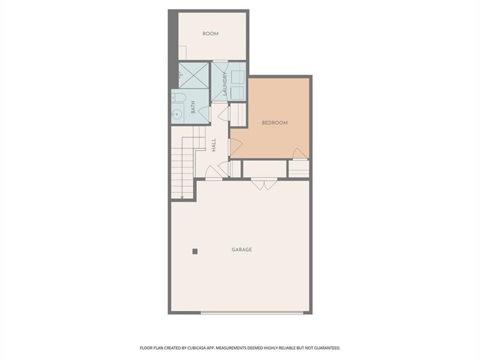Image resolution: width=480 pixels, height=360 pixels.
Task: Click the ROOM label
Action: click(210, 34)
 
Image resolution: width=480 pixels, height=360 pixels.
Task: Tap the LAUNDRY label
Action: click(224, 83)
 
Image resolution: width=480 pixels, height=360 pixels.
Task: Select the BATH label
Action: click(193, 107)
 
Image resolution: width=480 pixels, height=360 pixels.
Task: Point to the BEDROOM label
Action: click(275, 123)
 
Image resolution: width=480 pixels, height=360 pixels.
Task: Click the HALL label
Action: click(214, 145)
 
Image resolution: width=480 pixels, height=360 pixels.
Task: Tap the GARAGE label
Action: click(242, 250)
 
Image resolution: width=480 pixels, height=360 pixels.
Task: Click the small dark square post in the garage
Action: click(195, 251)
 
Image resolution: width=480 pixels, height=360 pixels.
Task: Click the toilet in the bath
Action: click(179, 97)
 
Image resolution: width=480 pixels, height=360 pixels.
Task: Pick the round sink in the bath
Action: click(178, 113)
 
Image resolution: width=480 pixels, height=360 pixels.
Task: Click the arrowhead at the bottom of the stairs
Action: click(182, 196)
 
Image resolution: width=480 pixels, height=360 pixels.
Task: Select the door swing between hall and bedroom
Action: click(235, 145)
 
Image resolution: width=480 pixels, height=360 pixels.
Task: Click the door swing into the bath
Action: click(205, 113)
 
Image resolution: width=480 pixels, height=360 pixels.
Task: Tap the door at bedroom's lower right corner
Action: click(300, 154)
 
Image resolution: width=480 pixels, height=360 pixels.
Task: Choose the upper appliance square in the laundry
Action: click(237, 76)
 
